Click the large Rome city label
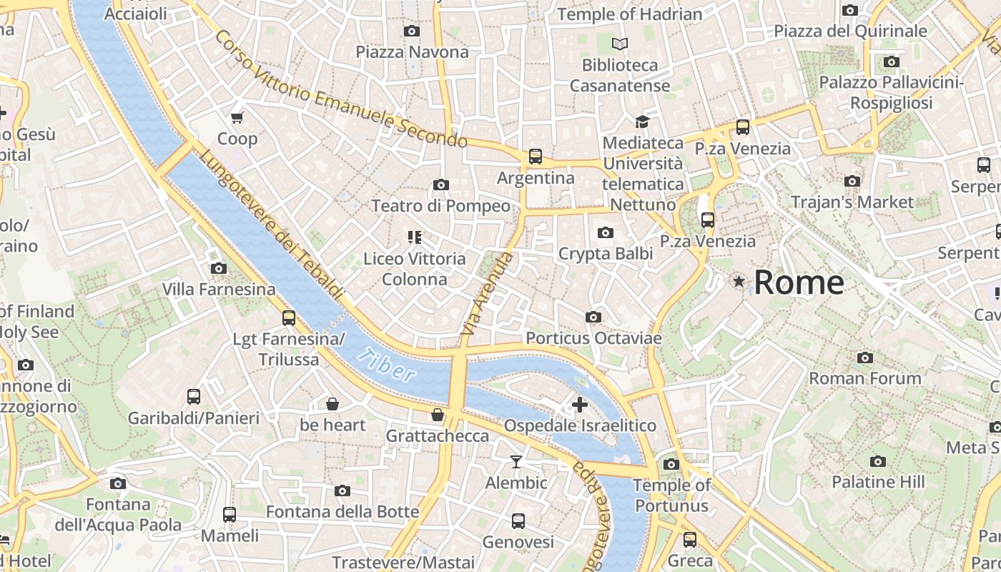tap(799, 282)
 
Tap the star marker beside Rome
tap(739, 282)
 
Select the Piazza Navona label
tap(412, 52)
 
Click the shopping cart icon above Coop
tap(237, 117)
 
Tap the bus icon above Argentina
tap(535, 157)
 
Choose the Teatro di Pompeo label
tap(440, 206)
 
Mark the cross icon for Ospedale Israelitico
tap(580, 405)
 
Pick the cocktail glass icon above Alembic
tap(516, 462)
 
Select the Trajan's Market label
tap(852, 202)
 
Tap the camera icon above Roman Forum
tap(865, 357)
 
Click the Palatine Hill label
tap(878, 482)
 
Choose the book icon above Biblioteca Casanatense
tap(620, 44)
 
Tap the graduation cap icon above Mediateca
tap(642, 122)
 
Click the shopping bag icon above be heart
tap(332, 405)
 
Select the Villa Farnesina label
tap(219, 290)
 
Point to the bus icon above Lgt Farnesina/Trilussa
tap(289, 318)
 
